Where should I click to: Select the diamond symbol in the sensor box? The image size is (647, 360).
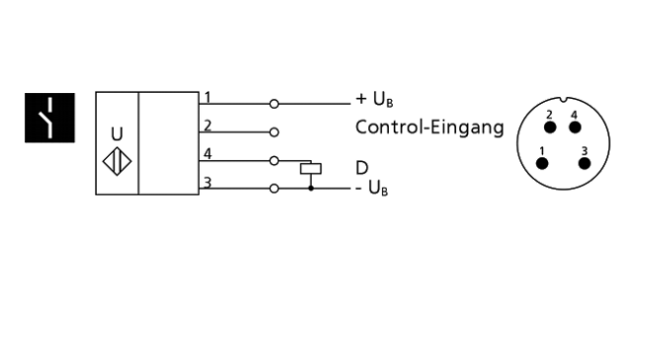tap(118, 158)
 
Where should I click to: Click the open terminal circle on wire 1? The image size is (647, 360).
tap(273, 103)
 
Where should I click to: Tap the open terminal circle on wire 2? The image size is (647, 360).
tap(273, 132)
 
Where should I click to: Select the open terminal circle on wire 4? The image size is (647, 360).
tap(273, 159)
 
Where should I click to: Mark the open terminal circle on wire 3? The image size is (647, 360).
tap(273, 188)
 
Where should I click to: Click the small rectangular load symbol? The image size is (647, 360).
tap(312, 168)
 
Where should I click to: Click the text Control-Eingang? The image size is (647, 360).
tap(429, 128)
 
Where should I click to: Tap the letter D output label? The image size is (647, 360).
tap(362, 168)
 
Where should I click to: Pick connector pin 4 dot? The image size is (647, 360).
tap(575, 128)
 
